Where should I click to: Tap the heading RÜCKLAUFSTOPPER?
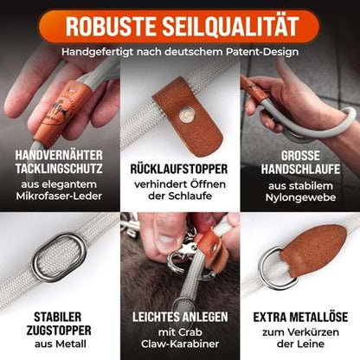click(x=179, y=168)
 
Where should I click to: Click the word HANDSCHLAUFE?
click(x=301, y=170)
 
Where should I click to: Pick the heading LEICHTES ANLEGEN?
click(x=179, y=317)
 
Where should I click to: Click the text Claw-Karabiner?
click(x=179, y=348)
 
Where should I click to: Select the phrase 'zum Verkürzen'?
click(x=300, y=334)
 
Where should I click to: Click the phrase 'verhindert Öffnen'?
click(x=179, y=185)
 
